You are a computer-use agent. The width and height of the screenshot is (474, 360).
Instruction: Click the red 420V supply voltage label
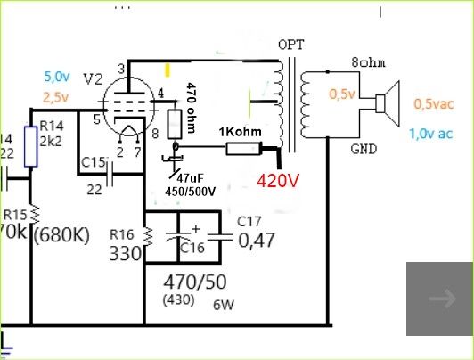pos(278,181)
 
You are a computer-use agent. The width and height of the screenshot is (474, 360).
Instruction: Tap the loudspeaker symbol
pos(388,103)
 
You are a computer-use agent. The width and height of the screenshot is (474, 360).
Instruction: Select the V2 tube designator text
pos(93,79)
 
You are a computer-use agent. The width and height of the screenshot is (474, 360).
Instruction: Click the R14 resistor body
pos(30,147)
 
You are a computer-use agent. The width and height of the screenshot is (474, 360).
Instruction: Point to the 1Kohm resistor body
pos(243,149)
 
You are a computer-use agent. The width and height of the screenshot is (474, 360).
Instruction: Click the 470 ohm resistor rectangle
pos(175,125)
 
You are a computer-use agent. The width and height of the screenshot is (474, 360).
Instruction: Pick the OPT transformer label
pos(290,45)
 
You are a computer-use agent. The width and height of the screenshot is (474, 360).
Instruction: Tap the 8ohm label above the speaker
pos(368,62)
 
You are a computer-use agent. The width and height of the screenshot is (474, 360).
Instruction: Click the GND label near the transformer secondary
pos(364,149)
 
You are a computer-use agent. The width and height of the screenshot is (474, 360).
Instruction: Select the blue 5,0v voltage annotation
pos(57,77)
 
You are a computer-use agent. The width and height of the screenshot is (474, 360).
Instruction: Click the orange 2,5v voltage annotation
pos(56,97)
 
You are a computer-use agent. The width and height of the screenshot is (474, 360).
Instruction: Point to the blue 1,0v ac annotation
pos(431,134)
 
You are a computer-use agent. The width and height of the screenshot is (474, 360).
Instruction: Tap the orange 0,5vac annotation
pos(434,104)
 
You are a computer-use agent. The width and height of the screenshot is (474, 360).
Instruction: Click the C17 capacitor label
pos(249,222)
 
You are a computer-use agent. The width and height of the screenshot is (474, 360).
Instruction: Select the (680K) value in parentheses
pos(61,235)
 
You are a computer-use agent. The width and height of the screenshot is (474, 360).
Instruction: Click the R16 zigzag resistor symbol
pos(148,237)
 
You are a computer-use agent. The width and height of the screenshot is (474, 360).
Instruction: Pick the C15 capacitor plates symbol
pos(110,175)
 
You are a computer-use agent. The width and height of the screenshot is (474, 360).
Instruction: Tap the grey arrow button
pos(440,299)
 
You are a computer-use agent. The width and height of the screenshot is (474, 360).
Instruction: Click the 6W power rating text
pos(224,305)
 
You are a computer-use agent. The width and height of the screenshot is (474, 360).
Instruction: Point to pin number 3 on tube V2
pos(121,69)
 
